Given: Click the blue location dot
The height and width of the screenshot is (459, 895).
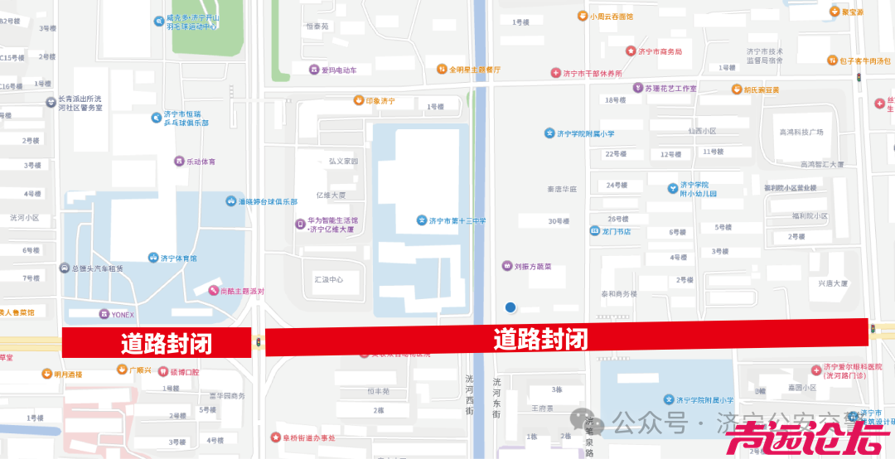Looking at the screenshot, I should (x=510, y=307).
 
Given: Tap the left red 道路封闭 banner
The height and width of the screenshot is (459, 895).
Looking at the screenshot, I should (x=157, y=342).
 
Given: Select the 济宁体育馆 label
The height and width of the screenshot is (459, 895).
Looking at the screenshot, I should (x=179, y=258).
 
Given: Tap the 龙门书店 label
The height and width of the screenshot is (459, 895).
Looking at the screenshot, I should (x=617, y=231).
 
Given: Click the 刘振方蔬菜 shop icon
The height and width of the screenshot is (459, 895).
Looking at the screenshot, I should (x=507, y=267).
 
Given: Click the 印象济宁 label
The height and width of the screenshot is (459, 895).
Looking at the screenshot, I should (x=380, y=101).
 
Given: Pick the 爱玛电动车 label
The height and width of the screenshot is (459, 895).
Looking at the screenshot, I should (x=338, y=70).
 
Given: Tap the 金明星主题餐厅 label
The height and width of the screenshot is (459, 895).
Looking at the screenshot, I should (x=475, y=70).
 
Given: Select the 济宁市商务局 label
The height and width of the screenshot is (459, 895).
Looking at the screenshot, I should (x=660, y=51).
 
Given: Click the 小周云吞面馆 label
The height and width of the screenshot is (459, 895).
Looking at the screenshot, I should (x=611, y=16).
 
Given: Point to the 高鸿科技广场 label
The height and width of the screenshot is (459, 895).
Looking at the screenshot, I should (x=801, y=132).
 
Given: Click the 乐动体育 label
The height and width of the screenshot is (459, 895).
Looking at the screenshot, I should (x=201, y=161).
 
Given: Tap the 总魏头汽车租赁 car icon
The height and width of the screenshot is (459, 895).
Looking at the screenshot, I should (x=65, y=268).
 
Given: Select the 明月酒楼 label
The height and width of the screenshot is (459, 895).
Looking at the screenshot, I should (x=68, y=374).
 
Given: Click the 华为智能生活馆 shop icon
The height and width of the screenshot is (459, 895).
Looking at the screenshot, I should (x=300, y=224).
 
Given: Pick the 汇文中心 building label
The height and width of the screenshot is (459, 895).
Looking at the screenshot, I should (x=328, y=279).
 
